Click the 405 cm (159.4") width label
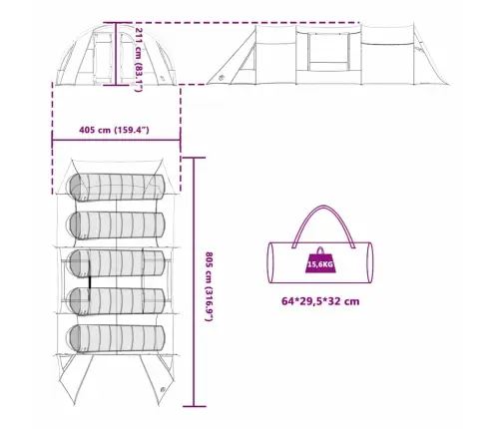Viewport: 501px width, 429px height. click(x=114, y=130)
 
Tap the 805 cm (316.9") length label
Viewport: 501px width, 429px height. click(x=209, y=286)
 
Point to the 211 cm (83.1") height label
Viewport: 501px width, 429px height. click(x=139, y=60)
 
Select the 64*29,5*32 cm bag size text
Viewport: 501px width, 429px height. click(x=320, y=301)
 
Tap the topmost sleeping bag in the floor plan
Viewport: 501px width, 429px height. click(x=117, y=188)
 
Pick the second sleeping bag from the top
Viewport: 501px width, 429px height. click(x=117, y=225)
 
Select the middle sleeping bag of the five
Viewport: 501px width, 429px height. click(x=116, y=263)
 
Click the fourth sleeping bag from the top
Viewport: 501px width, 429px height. click(x=117, y=301)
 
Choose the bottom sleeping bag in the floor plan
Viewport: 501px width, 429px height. click(x=117, y=338)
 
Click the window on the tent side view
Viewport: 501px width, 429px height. click(x=328, y=52)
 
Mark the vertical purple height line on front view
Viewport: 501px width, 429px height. click(x=116, y=54)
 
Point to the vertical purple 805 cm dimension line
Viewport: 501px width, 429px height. click(x=194, y=282)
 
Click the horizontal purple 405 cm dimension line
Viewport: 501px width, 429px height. click(x=116, y=140)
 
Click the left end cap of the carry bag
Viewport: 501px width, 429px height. click(x=270, y=262)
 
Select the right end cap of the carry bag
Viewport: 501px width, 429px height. click(x=370, y=262)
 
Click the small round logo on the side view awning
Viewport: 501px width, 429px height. click(x=222, y=78)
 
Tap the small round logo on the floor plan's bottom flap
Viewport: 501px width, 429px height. click(x=163, y=390)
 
